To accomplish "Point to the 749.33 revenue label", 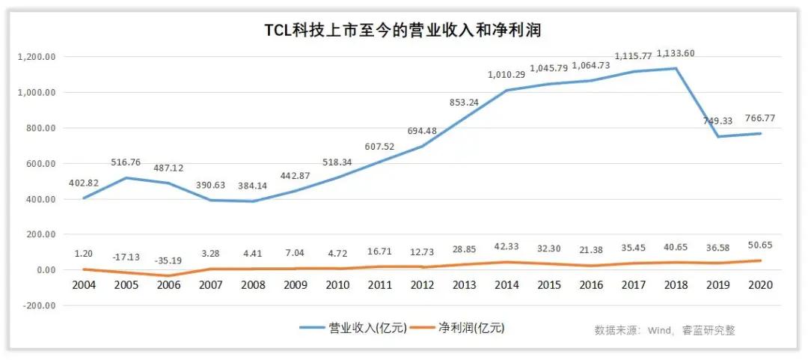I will (718, 121).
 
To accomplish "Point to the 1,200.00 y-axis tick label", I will (38, 57).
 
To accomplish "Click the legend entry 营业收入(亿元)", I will (352, 327).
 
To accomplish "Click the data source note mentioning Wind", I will (664, 330).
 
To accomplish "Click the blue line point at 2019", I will (718, 136).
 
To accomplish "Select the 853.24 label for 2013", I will (464, 102).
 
